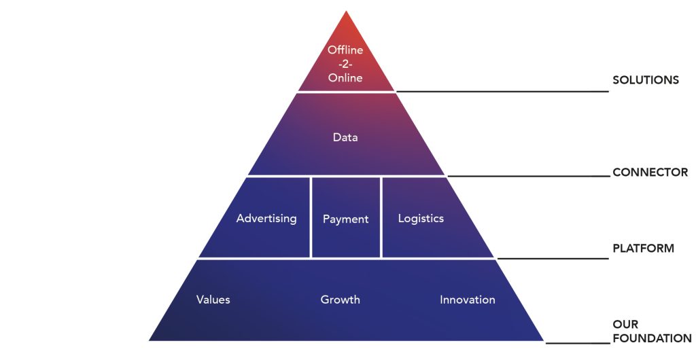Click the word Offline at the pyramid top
click(345, 50)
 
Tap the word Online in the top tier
click(345, 77)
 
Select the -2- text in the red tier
click(345, 64)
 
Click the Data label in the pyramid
click(345, 137)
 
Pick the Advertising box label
click(266, 219)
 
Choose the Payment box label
click(346, 219)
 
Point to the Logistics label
click(421, 219)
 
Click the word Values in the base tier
click(213, 300)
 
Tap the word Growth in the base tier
click(340, 300)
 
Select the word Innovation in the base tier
click(468, 300)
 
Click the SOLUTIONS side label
click(646, 80)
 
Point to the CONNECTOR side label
click(650, 172)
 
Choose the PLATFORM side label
click(643, 249)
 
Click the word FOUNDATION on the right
click(652, 338)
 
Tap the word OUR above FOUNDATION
click(625, 324)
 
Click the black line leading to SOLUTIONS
click(502, 91)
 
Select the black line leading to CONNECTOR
click(528, 176)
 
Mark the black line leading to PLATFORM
click(553, 258)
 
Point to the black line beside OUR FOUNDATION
click(578, 343)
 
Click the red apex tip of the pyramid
click(346, 12)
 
